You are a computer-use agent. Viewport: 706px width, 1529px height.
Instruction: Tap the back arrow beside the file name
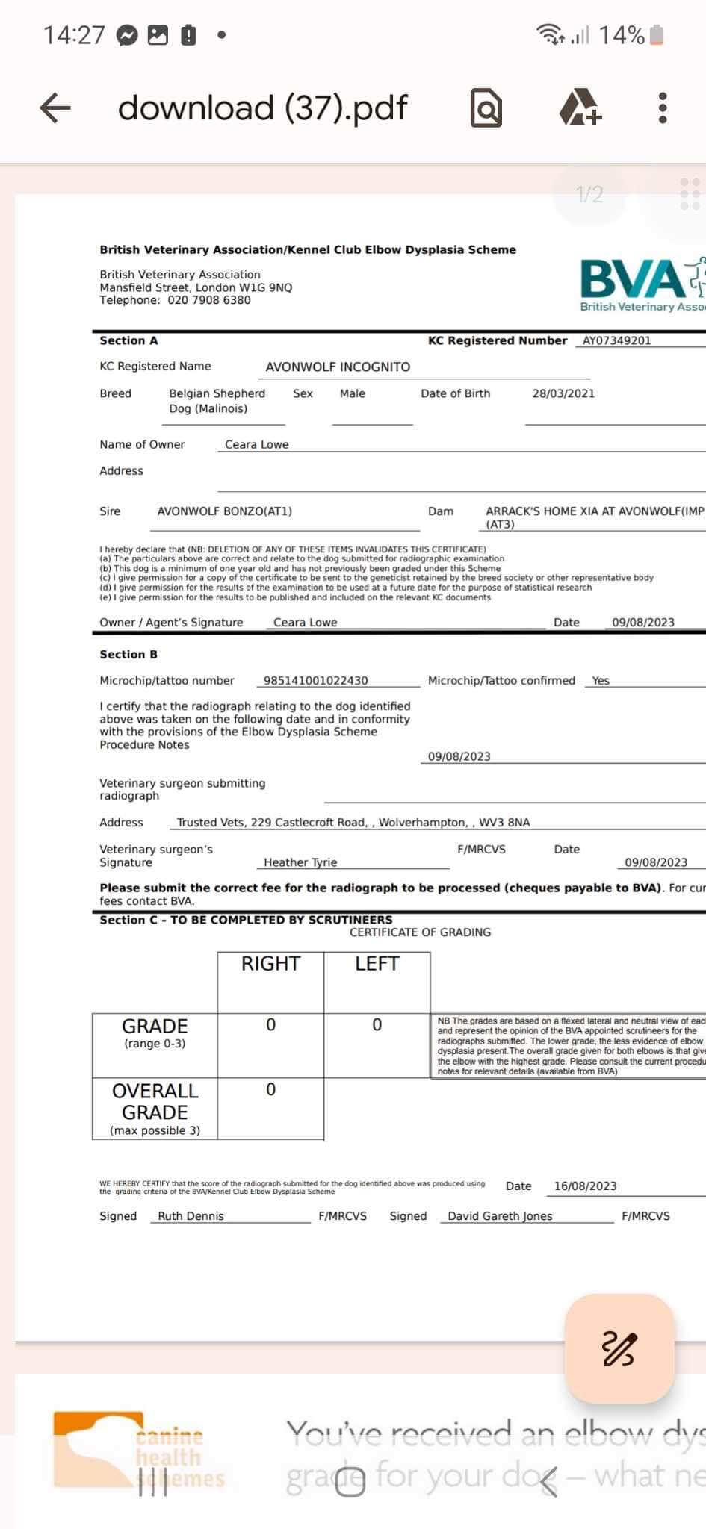(55, 108)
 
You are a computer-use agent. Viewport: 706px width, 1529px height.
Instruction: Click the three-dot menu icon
(662, 108)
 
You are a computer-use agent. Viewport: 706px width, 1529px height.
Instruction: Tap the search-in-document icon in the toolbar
(486, 109)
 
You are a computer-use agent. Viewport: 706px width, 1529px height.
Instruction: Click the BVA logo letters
(632, 279)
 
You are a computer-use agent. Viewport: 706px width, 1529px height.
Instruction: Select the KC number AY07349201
(616, 340)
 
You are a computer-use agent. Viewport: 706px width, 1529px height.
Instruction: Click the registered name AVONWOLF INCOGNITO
(338, 367)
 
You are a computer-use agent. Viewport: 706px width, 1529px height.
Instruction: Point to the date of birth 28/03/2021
(563, 393)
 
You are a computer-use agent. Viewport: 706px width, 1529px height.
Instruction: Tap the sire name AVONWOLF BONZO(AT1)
(224, 511)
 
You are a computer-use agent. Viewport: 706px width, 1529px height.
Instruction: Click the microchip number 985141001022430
(316, 681)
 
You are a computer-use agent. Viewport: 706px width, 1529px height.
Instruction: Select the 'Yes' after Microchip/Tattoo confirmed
(601, 681)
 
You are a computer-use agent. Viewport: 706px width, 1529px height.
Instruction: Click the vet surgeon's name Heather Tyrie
(300, 862)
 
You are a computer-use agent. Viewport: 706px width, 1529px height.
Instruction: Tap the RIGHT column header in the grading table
(270, 964)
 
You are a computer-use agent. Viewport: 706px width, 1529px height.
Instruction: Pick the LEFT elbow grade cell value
(377, 1025)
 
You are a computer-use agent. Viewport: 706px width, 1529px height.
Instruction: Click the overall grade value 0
(270, 1090)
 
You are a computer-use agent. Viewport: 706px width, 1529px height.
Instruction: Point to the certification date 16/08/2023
(585, 1186)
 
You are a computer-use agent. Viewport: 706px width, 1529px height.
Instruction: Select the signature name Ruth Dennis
(191, 1216)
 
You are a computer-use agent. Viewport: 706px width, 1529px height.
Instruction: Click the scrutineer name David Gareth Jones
(500, 1216)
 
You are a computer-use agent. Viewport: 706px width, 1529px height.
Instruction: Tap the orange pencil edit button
(619, 1348)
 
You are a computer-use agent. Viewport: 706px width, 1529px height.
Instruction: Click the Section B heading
(128, 655)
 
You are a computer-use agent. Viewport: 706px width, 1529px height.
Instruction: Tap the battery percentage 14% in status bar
(622, 35)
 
